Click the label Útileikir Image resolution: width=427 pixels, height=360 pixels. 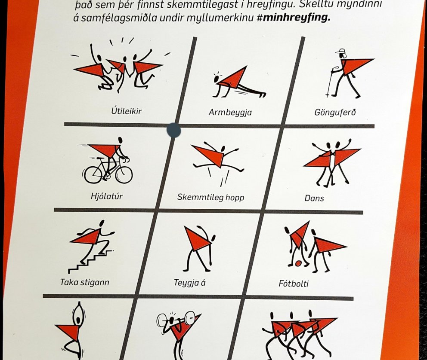coord(127,111)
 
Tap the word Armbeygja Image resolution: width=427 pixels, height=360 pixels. coord(230,112)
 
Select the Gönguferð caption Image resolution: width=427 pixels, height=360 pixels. coord(335,112)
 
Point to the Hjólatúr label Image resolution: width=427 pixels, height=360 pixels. coord(106,196)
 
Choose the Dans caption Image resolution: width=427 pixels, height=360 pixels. coord(314,198)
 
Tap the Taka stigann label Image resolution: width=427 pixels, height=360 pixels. coord(84,282)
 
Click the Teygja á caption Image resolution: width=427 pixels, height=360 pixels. coord(189,283)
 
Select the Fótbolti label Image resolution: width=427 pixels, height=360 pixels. coord(293,284)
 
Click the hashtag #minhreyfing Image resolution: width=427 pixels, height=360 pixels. coord(294,17)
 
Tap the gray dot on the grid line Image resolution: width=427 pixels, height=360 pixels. coord(173,131)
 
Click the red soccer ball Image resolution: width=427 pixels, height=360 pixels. coord(298,263)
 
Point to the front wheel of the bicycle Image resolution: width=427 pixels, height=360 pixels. coord(124,174)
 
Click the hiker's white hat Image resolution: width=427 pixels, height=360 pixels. coord(340,52)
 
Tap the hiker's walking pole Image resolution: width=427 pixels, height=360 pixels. coord(330,82)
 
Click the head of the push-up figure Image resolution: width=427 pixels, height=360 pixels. coord(217,79)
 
